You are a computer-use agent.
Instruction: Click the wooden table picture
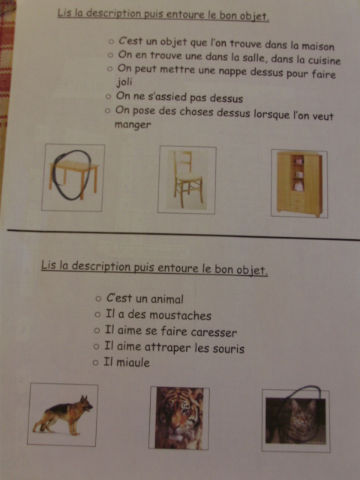click(x=73, y=178)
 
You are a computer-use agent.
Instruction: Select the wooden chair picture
click(x=187, y=180)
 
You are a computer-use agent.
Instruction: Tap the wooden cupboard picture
click(x=299, y=184)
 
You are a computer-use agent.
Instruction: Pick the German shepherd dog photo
click(x=62, y=415)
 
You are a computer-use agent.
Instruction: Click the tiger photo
click(x=179, y=418)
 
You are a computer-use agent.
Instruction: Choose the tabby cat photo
click(x=295, y=421)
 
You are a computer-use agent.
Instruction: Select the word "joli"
click(x=124, y=82)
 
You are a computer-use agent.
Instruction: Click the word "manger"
click(x=133, y=125)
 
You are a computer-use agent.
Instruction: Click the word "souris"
click(x=229, y=348)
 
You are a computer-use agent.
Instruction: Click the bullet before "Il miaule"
click(x=95, y=363)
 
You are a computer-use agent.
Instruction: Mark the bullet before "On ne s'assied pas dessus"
click(x=108, y=97)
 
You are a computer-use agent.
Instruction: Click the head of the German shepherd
click(x=86, y=403)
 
